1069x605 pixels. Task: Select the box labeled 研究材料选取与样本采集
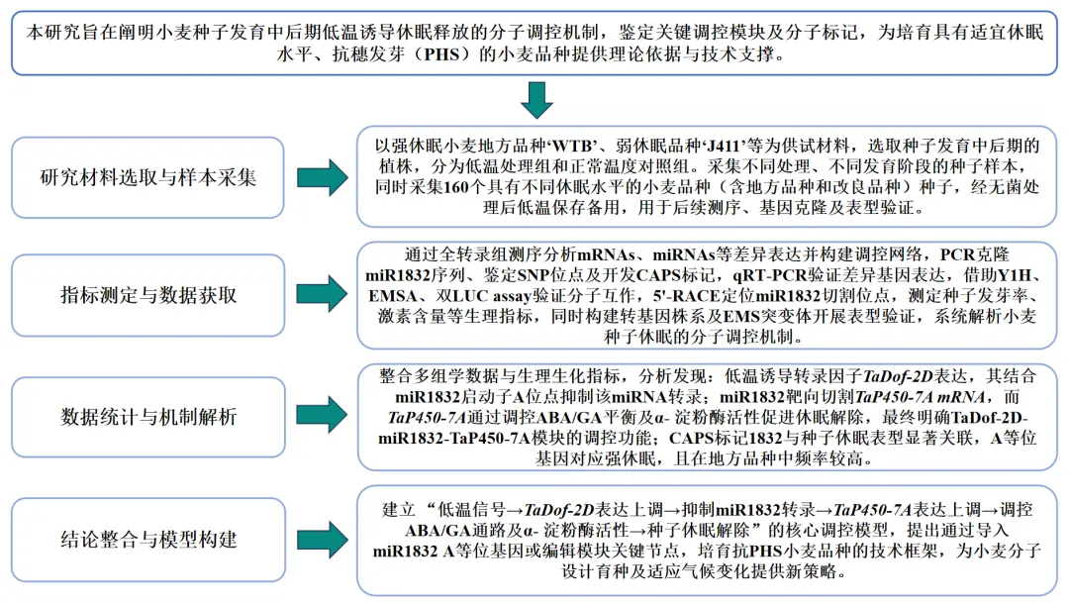[x=147, y=178]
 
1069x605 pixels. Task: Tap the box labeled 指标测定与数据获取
[x=147, y=295]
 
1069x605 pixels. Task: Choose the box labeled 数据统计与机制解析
[x=147, y=415]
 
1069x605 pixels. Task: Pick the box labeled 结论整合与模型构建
[x=147, y=541]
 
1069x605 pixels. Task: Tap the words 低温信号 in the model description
[x=465, y=509]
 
